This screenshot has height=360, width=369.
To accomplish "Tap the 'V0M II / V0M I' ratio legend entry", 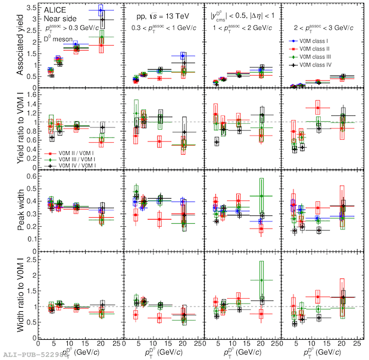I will coord(72,154).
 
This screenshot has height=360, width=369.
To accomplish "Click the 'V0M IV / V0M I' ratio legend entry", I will coord(72,167).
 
